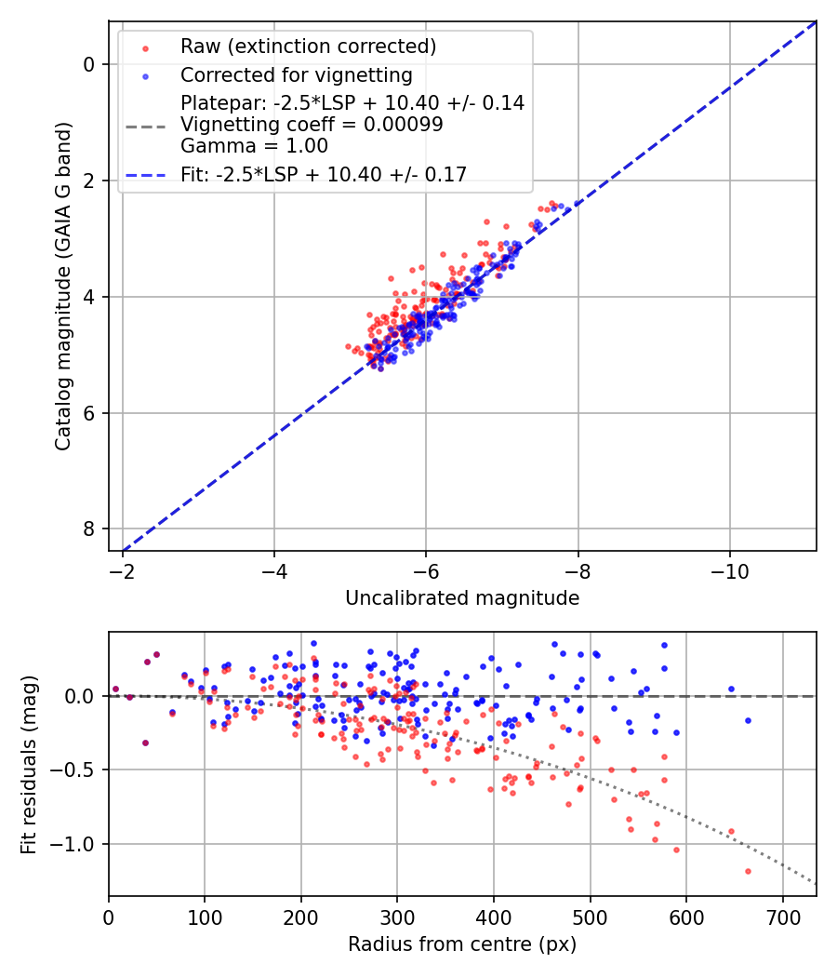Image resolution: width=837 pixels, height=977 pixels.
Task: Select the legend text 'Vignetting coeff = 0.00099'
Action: tap(312, 125)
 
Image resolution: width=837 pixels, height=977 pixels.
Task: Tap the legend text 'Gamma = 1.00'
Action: tap(254, 146)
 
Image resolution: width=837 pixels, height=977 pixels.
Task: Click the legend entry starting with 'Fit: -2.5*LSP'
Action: tap(324, 174)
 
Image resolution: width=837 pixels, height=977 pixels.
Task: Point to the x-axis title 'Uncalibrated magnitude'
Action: tap(462, 598)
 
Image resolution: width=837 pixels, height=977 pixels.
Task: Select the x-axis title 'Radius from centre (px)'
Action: tap(462, 944)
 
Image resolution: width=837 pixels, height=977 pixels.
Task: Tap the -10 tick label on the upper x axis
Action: tap(729, 569)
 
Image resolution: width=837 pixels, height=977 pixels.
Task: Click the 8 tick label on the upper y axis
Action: tap(89, 529)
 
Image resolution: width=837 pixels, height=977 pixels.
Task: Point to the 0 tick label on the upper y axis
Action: tap(89, 64)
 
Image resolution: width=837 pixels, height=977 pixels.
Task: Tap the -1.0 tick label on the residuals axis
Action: tap(78, 844)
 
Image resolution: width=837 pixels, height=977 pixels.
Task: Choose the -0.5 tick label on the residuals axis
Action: tap(78, 770)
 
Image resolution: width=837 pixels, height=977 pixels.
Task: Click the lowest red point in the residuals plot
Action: tap(748, 871)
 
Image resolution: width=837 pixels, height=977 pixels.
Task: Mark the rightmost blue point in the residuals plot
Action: tap(748, 721)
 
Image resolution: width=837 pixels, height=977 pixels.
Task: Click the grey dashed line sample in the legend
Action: tap(145, 125)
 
